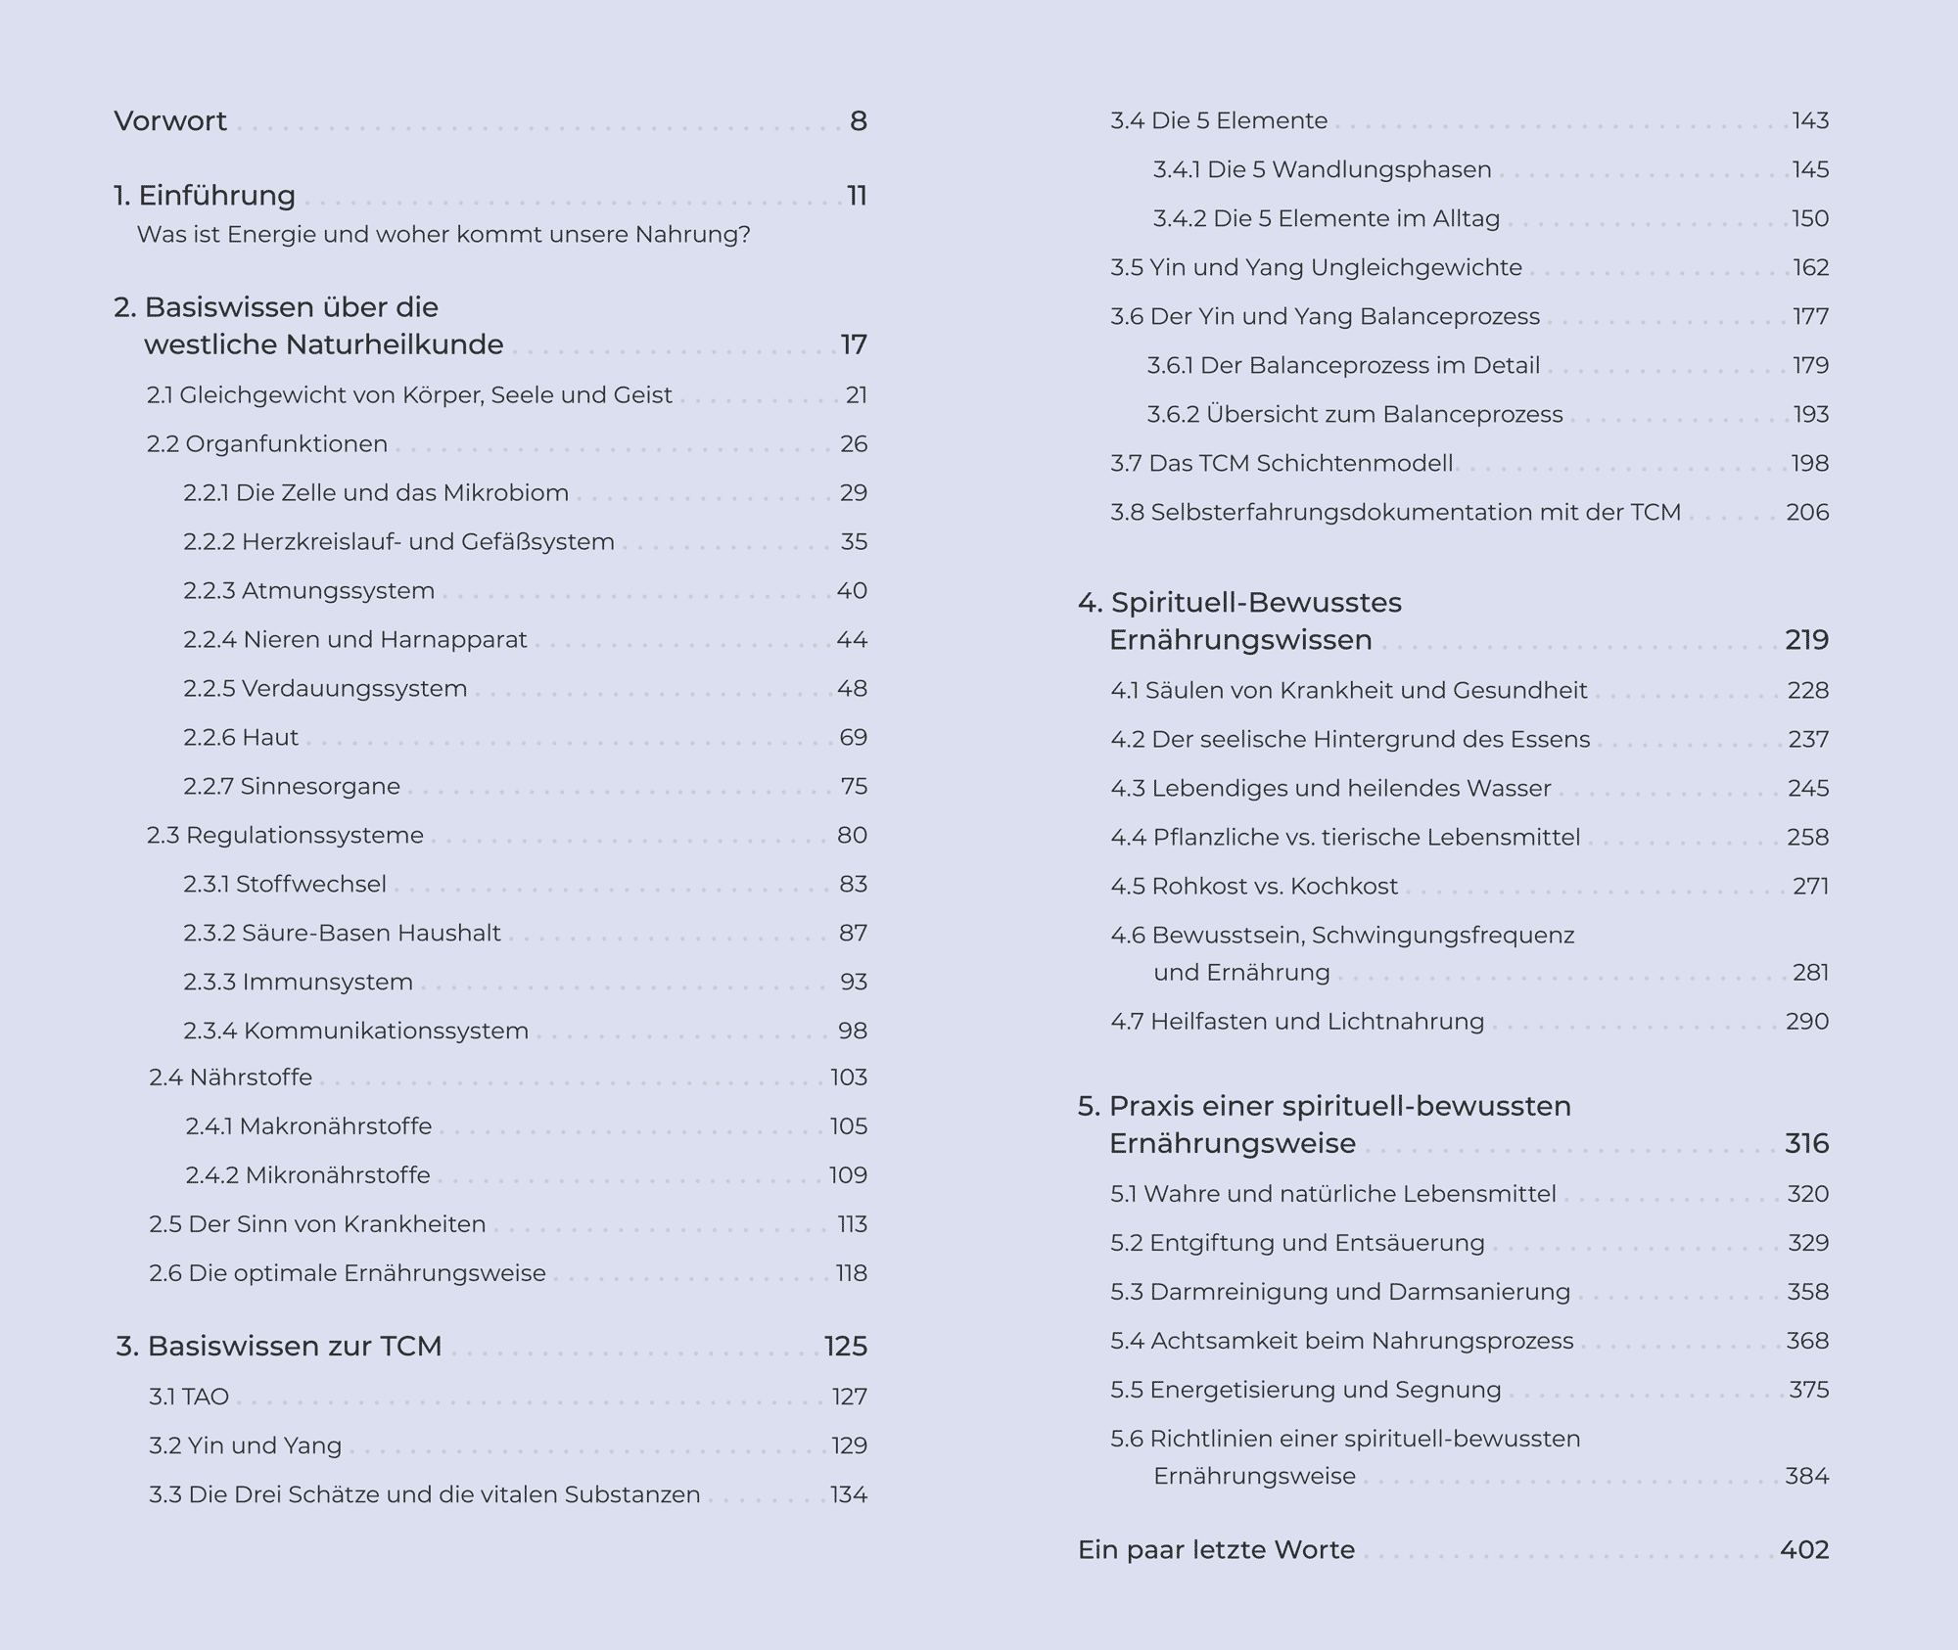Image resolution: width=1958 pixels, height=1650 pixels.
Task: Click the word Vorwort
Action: point(170,121)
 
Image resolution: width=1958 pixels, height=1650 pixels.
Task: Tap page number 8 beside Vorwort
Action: point(858,121)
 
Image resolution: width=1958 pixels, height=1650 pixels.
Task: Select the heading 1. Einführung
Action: point(205,196)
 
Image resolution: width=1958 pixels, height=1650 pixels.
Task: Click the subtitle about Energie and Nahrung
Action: point(443,235)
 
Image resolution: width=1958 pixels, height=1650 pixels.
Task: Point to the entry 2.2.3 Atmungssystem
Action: point(308,591)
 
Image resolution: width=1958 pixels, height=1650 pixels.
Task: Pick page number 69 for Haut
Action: point(853,738)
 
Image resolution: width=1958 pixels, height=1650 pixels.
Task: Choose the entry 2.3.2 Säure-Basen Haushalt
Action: point(342,934)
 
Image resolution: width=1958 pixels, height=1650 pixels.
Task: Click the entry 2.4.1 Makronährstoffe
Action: point(308,1126)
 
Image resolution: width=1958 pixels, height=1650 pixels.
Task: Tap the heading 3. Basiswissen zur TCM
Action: point(279,1347)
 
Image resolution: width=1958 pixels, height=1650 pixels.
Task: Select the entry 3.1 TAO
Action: point(189,1397)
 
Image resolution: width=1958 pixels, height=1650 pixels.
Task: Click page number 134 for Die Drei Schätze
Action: point(848,1494)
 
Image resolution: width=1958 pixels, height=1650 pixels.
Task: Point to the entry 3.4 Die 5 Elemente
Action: point(1219,121)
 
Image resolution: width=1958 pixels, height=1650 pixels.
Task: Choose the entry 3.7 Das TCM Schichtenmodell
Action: point(1282,464)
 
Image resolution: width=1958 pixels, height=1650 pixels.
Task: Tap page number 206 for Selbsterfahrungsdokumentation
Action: point(1807,513)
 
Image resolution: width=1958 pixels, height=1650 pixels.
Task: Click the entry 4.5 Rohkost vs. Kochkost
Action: point(1254,887)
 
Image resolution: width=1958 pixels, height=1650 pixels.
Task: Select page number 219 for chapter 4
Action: point(1806,640)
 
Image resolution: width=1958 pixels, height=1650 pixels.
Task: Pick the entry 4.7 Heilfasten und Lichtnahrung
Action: point(1297,1022)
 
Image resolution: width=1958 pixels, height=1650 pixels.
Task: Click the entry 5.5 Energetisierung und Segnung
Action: point(1305,1390)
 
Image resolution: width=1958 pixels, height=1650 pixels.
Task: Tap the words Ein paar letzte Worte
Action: point(1216,1550)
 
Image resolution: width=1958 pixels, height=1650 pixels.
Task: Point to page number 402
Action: point(1804,1550)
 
